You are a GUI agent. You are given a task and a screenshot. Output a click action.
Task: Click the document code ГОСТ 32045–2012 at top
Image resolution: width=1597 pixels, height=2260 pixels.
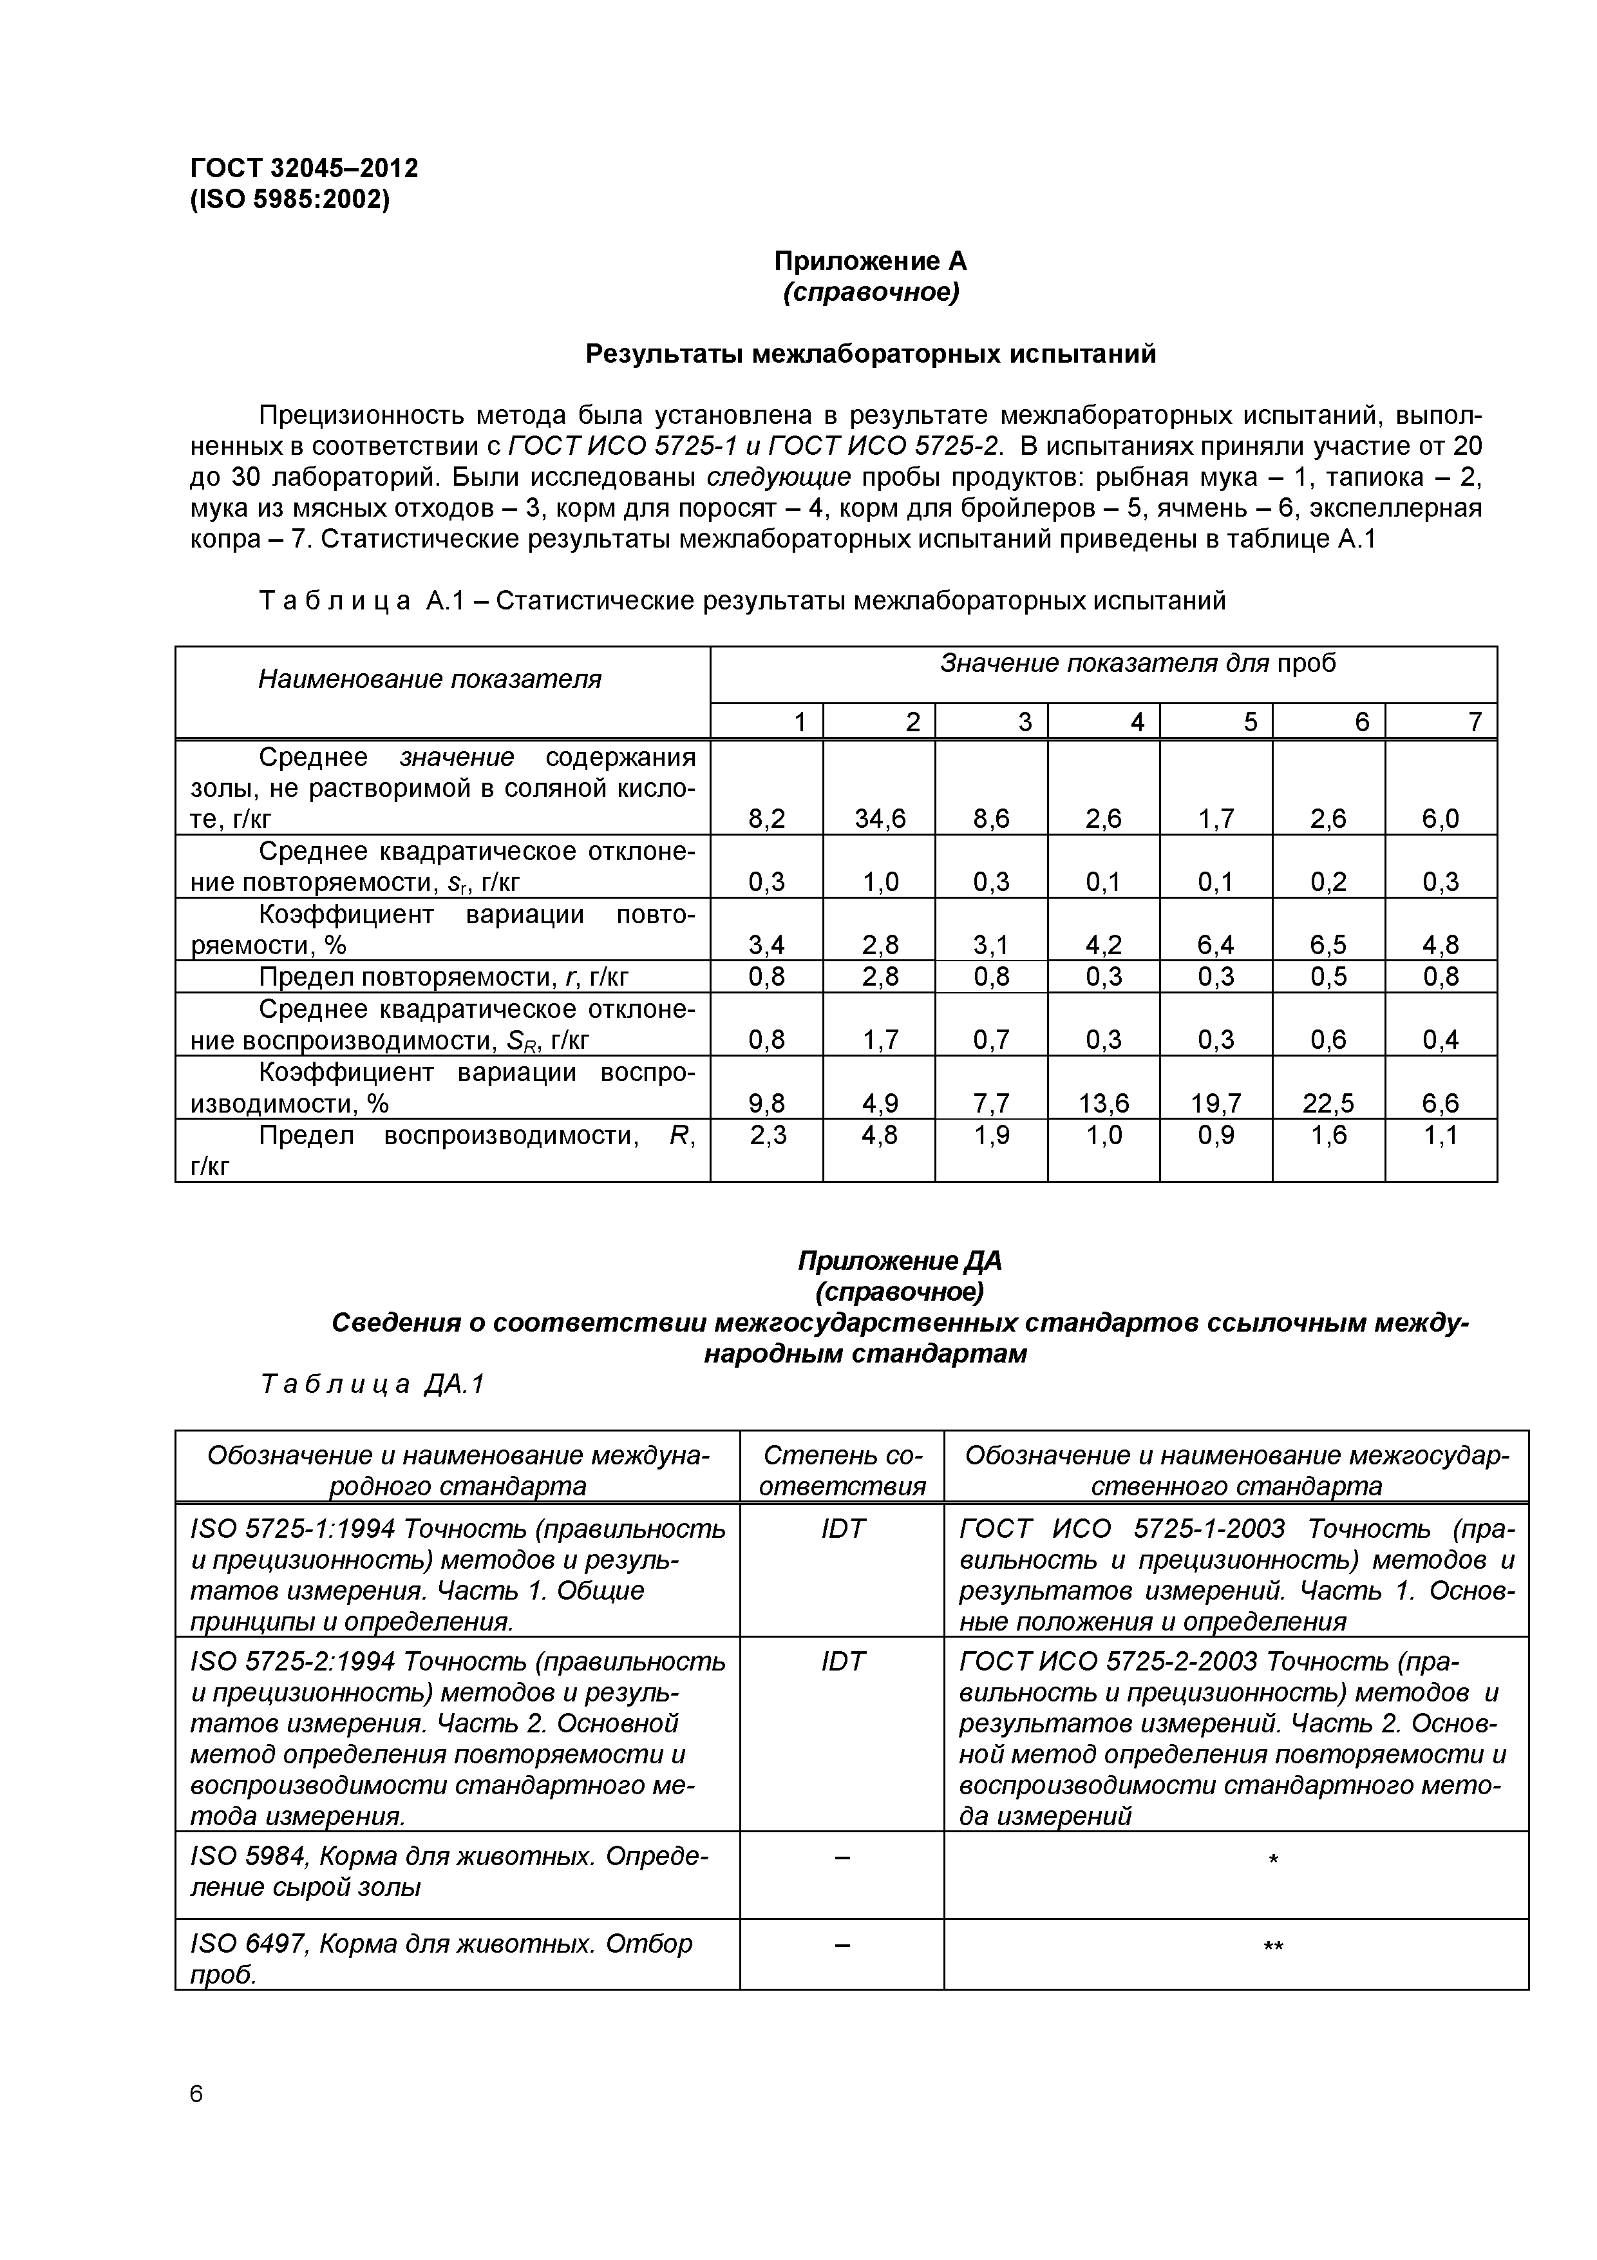304,168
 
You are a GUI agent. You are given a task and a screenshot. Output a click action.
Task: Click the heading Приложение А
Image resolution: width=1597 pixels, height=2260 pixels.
870,261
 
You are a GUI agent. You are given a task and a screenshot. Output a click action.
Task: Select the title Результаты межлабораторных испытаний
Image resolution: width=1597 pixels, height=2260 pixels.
870,354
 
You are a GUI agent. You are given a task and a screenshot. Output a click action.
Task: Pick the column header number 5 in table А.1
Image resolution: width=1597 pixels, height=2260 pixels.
1250,722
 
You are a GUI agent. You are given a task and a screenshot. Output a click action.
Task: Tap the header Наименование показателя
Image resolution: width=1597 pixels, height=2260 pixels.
430,679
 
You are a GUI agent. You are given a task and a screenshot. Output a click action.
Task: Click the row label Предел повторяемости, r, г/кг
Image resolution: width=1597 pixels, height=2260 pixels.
443,977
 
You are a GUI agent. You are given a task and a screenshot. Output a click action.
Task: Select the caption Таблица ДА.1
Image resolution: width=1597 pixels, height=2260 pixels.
373,1384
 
